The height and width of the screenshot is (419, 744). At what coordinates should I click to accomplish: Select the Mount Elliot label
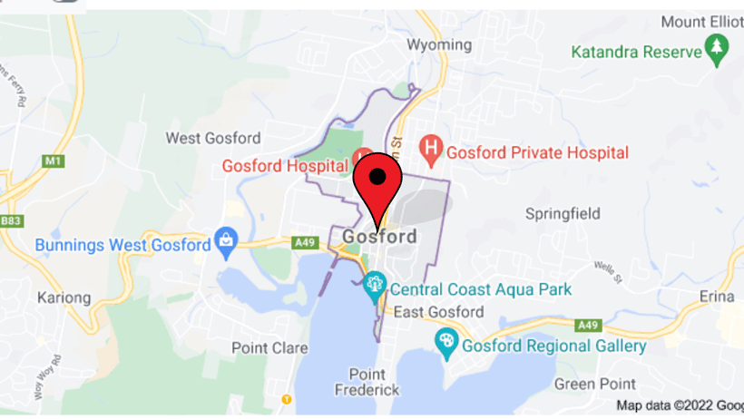pos(701,21)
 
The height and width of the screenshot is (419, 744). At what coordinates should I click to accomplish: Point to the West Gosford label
pos(212,138)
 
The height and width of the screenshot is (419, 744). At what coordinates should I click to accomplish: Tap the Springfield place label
pos(563,214)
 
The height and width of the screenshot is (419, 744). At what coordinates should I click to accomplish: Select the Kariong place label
pos(64,297)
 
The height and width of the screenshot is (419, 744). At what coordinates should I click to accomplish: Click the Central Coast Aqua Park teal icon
pos(374,289)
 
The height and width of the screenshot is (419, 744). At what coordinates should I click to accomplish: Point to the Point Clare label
pos(262,347)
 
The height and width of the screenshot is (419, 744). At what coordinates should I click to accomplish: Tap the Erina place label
pos(717,297)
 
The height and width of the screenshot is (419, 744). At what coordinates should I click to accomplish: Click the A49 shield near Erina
pos(588,325)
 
